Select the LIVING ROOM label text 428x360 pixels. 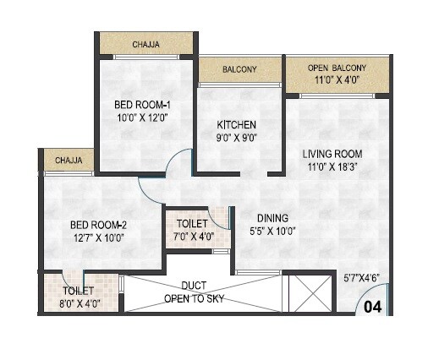(x=333, y=154)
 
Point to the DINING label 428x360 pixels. (x=272, y=217)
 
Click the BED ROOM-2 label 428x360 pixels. (x=97, y=225)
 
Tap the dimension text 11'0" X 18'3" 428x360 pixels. (x=333, y=167)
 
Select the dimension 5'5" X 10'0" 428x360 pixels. (x=272, y=231)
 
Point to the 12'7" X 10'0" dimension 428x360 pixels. (x=97, y=238)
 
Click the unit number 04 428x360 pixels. (x=373, y=308)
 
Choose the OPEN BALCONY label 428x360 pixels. (x=337, y=67)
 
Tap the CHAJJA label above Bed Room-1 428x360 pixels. (x=148, y=44)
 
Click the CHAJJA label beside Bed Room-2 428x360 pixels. (x=69, y=160)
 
